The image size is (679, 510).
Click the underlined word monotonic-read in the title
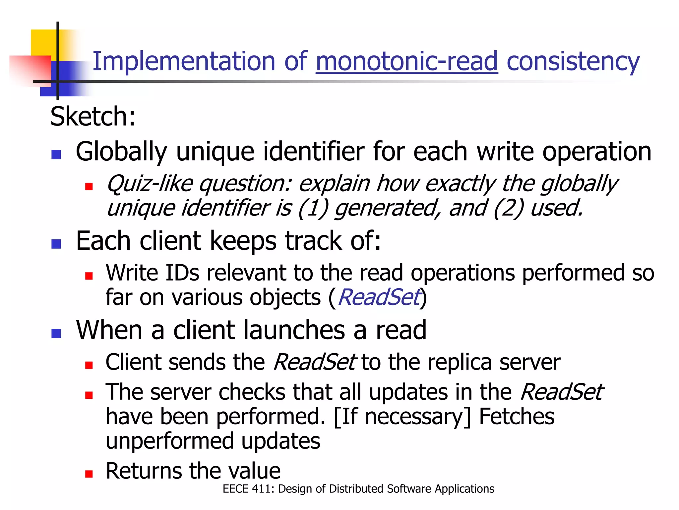point(406,61)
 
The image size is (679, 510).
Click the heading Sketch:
point(93,117)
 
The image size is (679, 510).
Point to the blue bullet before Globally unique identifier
point(56,155)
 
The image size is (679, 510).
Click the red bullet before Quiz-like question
point(89,187)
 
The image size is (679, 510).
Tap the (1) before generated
point(313,208)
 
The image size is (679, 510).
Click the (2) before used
point(508,208)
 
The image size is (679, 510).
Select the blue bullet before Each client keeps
point(56,244)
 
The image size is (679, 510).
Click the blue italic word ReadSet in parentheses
point(379,297)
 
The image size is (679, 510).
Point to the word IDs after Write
point(182,273)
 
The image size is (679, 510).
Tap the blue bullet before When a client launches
point(56,333)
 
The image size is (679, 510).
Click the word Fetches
point(517,417)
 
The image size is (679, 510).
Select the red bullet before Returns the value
point(89,474)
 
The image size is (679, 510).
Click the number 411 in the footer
point(263,489)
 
